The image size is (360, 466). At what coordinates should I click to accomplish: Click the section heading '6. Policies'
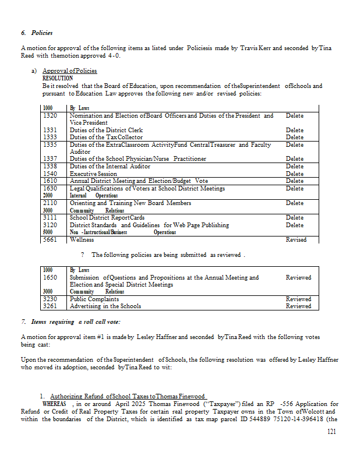[x=37, y=33]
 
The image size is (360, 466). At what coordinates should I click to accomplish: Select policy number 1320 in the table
[x=50, y=116]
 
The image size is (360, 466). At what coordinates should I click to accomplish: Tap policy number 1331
[x=50, y=130]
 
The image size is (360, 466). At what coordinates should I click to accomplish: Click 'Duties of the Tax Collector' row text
[x=106, y=137]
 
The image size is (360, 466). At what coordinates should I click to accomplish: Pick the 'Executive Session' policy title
[x=93, y=174]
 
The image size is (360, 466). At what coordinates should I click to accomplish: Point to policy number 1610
[x=50, y=181]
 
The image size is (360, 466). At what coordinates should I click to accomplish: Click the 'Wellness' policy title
[x=82, y=239]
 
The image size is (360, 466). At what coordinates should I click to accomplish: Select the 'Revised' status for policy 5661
[x=296, y=239]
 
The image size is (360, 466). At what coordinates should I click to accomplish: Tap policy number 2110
[x=50, y=203]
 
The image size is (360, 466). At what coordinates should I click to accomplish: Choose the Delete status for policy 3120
[x=295, y=225]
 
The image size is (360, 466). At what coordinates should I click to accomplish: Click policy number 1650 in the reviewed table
[x=50, y=278]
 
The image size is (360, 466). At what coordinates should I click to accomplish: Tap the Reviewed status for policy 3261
[x=298, y=306]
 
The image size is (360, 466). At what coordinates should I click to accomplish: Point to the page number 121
[x=332, y=432]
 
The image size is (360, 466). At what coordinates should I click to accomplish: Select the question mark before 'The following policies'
[x=83, y=255]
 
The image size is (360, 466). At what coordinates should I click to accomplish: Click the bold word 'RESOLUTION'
[x=58, y=78]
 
